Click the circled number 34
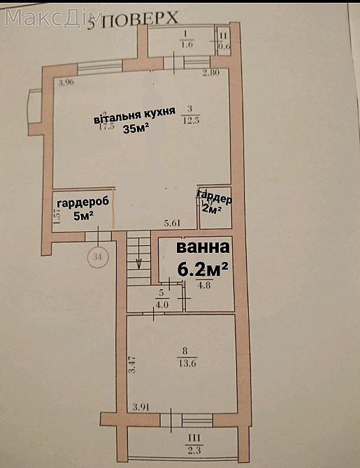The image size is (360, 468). click(x=97, y=257)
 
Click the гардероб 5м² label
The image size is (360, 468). click(x=82, y=208)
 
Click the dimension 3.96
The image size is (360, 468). click(x=66, y=83)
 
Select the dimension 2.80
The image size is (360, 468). click(x=211, y=73)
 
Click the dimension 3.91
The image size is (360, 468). click(x=142, y=406)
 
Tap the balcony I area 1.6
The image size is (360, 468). click(x=185, y=44)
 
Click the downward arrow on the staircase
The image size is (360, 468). click(x=139, y=261)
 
